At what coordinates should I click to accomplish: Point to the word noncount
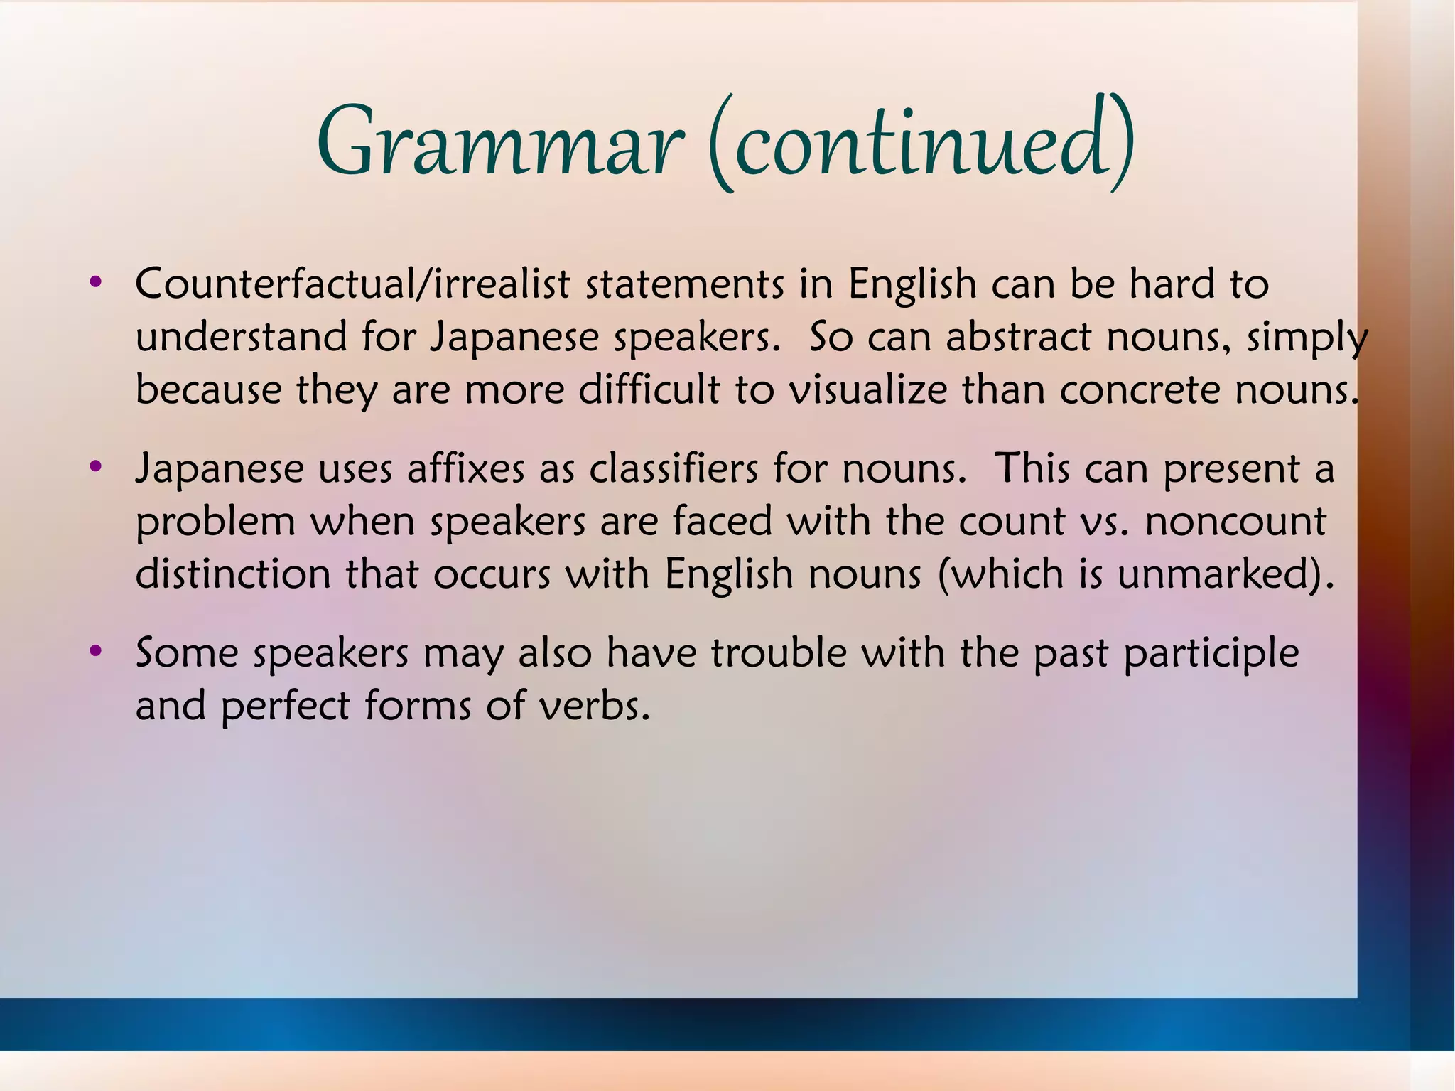click(1235, 522)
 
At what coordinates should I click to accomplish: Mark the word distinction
click(233, 574)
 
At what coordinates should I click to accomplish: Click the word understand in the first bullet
click(241, 337)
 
